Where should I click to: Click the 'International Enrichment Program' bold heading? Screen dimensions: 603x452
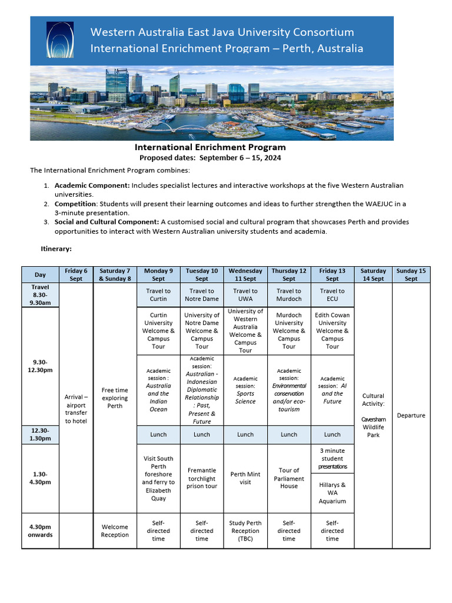(210, 148)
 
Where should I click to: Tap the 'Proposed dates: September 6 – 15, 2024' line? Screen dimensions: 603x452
(210, 158)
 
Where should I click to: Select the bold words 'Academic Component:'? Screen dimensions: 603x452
(92, 185)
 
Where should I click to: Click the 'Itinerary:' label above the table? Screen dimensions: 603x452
(56, 249)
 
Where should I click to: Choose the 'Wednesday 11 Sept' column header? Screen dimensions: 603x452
(245, 275)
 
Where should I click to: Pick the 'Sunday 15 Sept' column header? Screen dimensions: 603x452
(411, 275)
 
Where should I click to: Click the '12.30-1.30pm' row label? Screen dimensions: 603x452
(41, 435)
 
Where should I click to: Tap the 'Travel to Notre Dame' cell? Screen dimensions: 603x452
(202, 295)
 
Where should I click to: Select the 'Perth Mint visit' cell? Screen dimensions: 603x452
(245, 478)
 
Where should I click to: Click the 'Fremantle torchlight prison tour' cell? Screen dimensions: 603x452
(202, 478)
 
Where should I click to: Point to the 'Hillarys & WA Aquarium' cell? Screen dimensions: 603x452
(333, 493)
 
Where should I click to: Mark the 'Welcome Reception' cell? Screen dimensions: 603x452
(115, 531)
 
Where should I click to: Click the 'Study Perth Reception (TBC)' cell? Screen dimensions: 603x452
(245, 531)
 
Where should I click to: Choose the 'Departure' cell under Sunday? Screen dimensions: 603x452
(411, 416)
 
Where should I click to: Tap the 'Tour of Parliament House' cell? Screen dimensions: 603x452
(289, 478)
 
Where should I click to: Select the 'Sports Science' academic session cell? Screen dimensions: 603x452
(245, 390)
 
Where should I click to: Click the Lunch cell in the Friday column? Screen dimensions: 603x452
(333, 435)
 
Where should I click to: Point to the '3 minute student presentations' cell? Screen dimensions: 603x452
(333, 458)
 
